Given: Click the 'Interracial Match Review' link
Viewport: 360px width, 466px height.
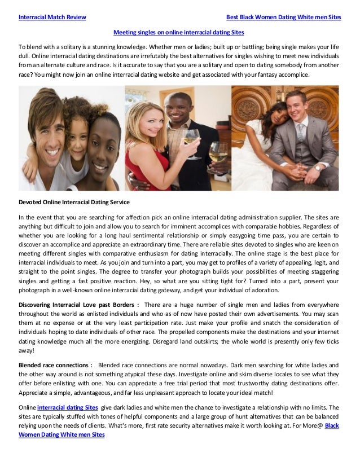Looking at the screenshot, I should [x=52, y=17].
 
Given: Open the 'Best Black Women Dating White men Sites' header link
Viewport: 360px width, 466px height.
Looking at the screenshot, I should [x=283, y=17].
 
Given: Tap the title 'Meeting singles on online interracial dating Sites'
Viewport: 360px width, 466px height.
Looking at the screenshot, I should [x=179, y=33].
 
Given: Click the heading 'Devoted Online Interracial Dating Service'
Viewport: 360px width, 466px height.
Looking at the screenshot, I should [x=74, y=202].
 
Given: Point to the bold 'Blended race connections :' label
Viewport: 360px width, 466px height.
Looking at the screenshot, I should [x=55, y=365].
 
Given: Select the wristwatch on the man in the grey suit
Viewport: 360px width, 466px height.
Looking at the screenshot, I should [x=318, y=168].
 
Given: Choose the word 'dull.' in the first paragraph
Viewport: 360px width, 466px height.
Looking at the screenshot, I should [x=25, y=57].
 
